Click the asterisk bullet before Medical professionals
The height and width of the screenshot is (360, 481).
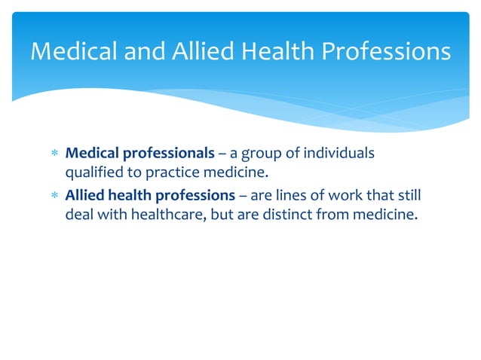tap(53, 154)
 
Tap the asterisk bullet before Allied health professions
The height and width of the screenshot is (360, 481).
tap(53, 197)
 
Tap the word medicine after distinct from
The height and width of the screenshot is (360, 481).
tap(381, 215)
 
